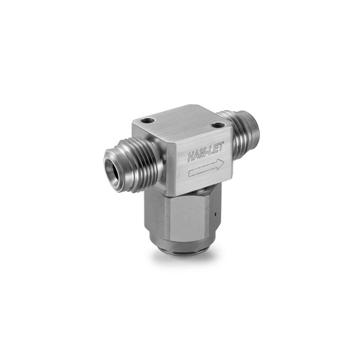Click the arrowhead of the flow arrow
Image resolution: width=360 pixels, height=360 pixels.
click(220, 165)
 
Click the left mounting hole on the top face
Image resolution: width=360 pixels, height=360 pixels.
click(149, 120)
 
